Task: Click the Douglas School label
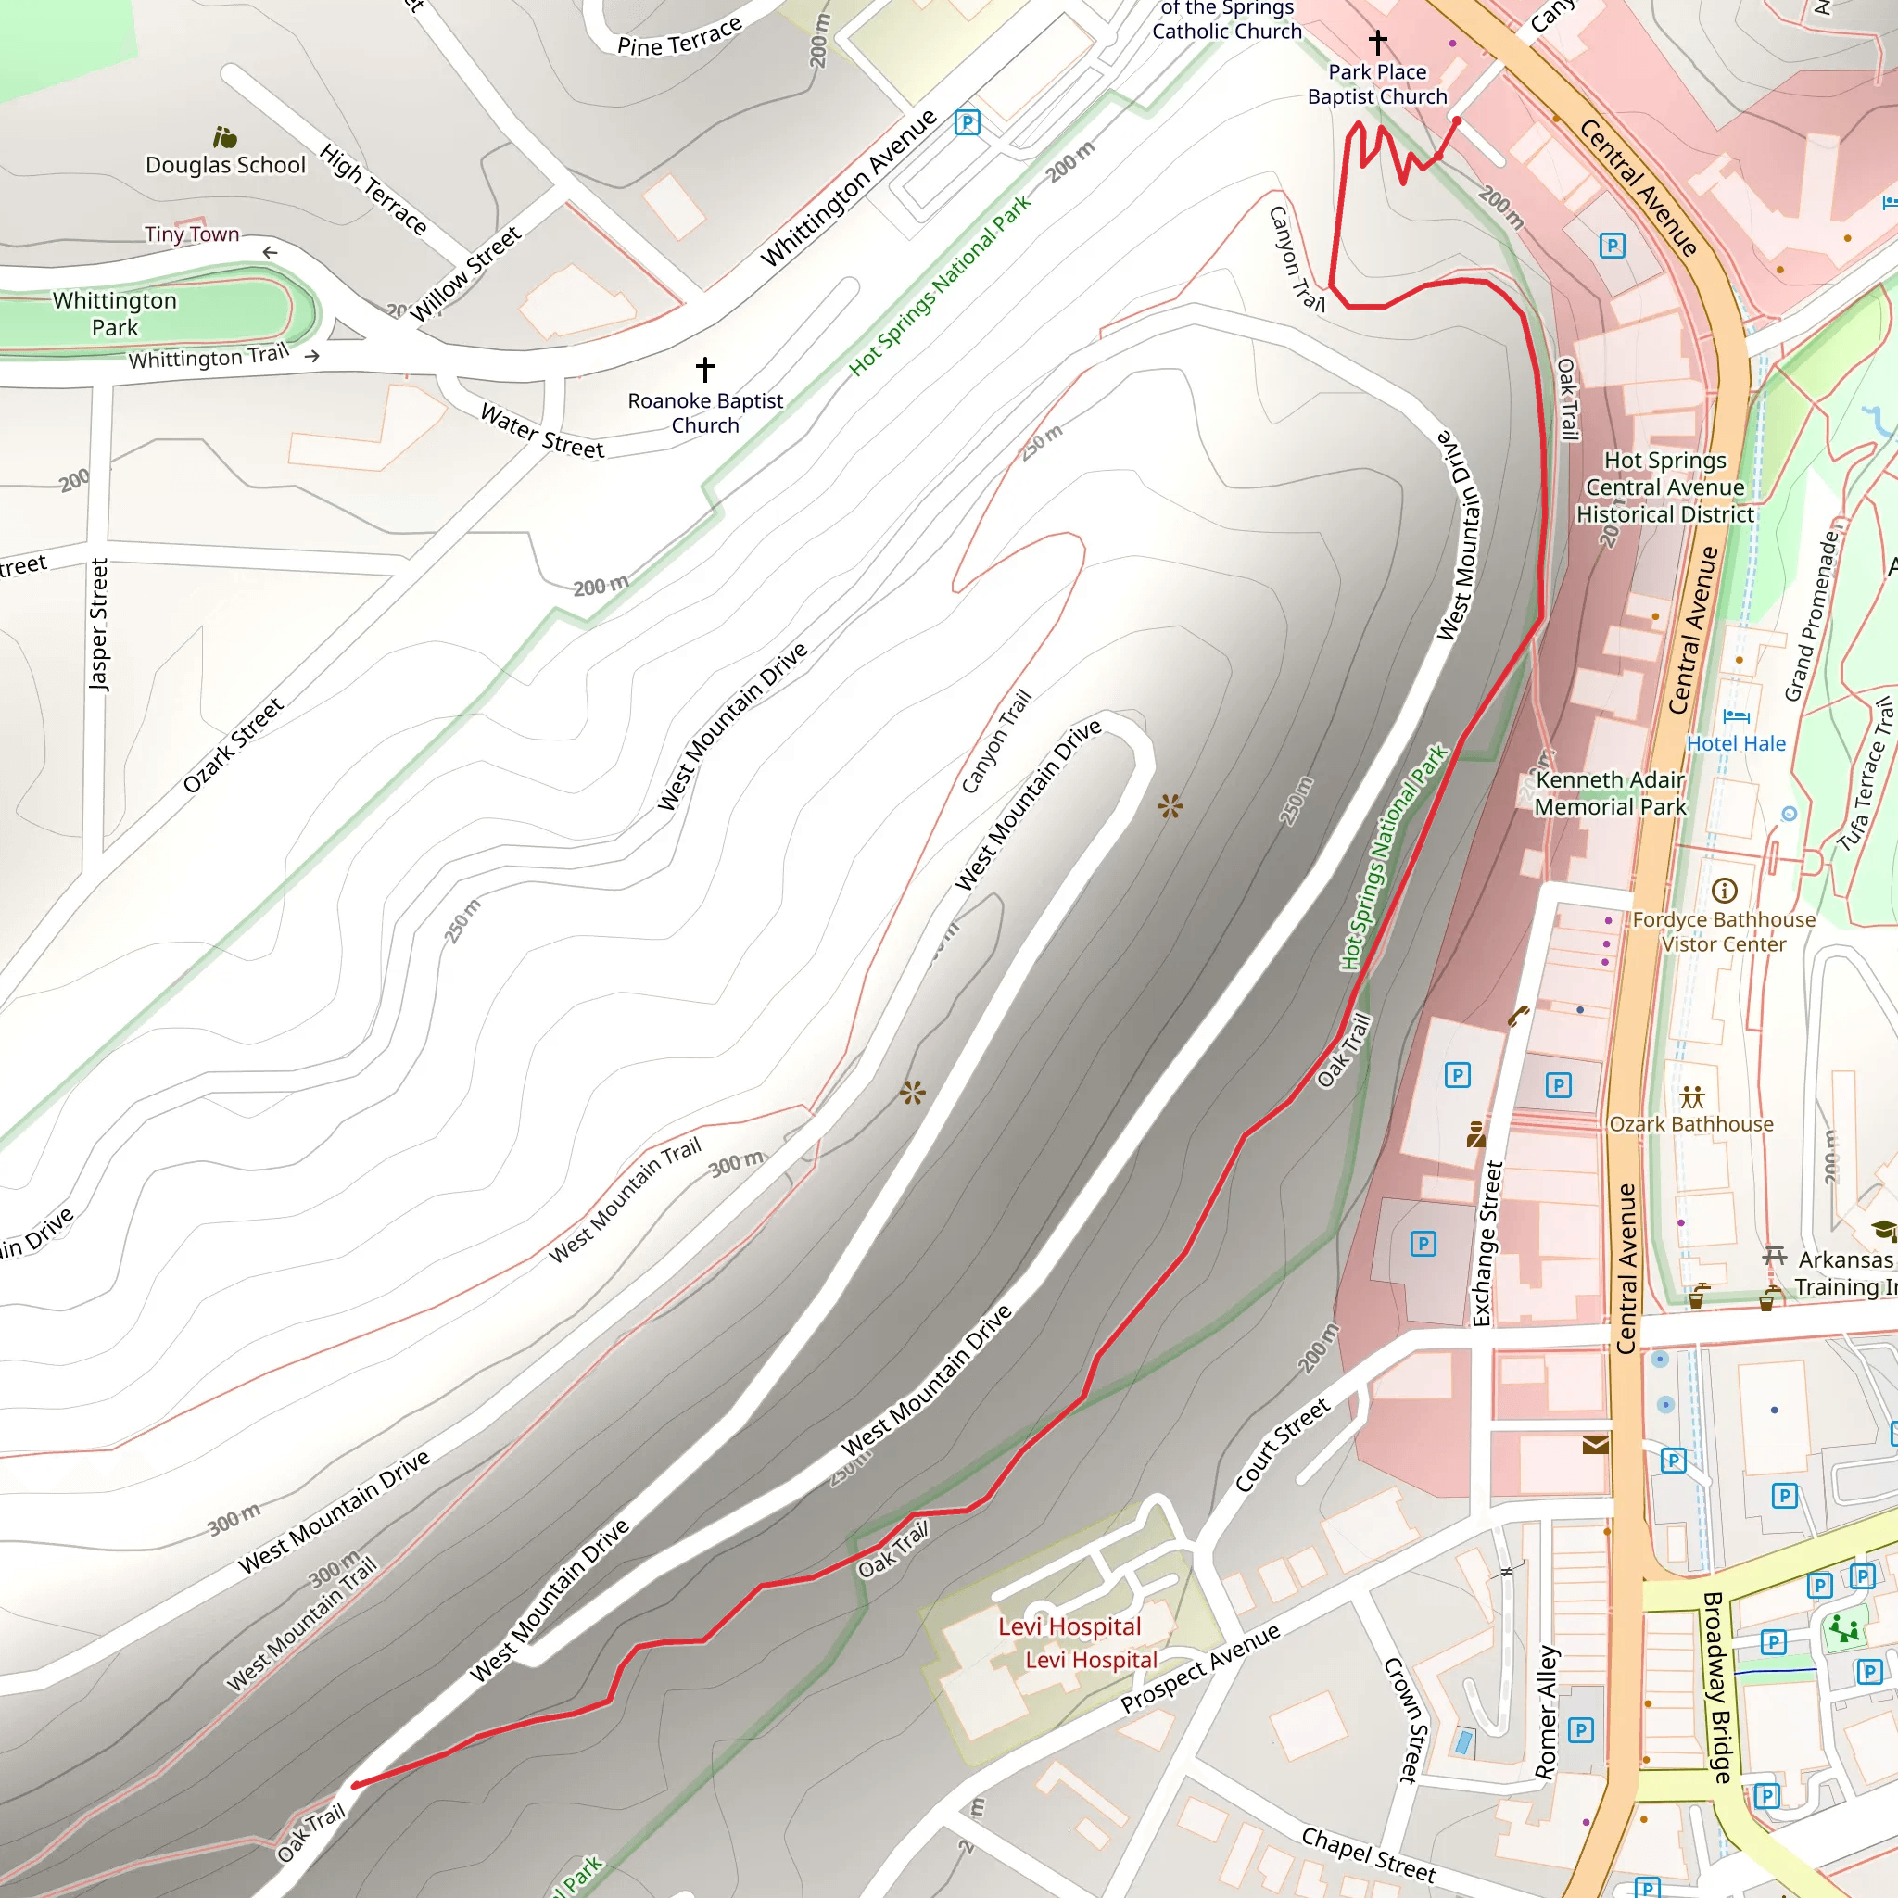(x=225, y=165)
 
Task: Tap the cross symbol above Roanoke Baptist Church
(x=704, y=370)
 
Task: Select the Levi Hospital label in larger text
(x=1069, y=1626)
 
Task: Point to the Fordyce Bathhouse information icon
(x=1724, y=891)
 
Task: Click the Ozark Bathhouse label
(x=1690, y=1124)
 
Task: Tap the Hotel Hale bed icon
(x=1736, y=716)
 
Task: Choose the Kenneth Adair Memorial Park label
(x=1610, y=792)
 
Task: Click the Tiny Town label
(x=192, y=234)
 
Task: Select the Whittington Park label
(x=115, y=313)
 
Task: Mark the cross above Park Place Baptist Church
(x=1377, y=42)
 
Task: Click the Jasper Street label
(x=98, y=624)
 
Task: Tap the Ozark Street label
(x=233, y=746)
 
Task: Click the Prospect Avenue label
(x=1199, y=1668)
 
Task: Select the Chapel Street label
(x=1368, y=1854)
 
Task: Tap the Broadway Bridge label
(x=1717, y=1688)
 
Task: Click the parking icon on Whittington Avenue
(x=967, y=123)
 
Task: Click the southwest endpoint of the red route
(x=355, y=1785)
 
